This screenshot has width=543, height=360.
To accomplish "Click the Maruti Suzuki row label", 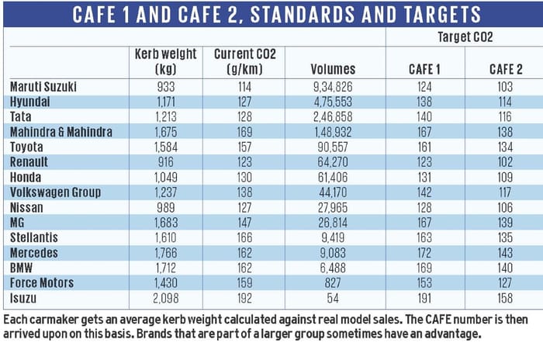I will [x=44, y=86].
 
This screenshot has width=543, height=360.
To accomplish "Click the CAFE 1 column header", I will [x=424, y=70].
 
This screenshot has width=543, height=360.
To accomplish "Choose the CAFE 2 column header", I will [x=505, y=70].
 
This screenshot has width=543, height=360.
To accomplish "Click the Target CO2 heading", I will [x=464, y=36].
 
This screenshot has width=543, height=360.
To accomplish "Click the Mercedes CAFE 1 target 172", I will [x=424, y=253].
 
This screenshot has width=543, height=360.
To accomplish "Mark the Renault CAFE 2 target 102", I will [x=505, y=162].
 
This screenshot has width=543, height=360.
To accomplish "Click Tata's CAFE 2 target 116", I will [x=505, y=116].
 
